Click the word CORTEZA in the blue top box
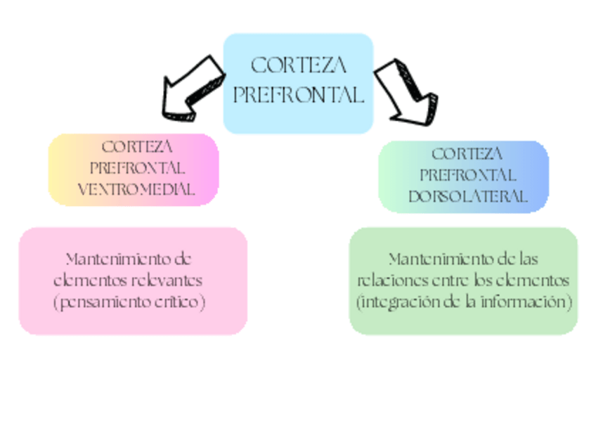click(x=299, y=66)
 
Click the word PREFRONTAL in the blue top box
click(x=299, y=95)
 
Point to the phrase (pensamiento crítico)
click(x=129, y=302)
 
